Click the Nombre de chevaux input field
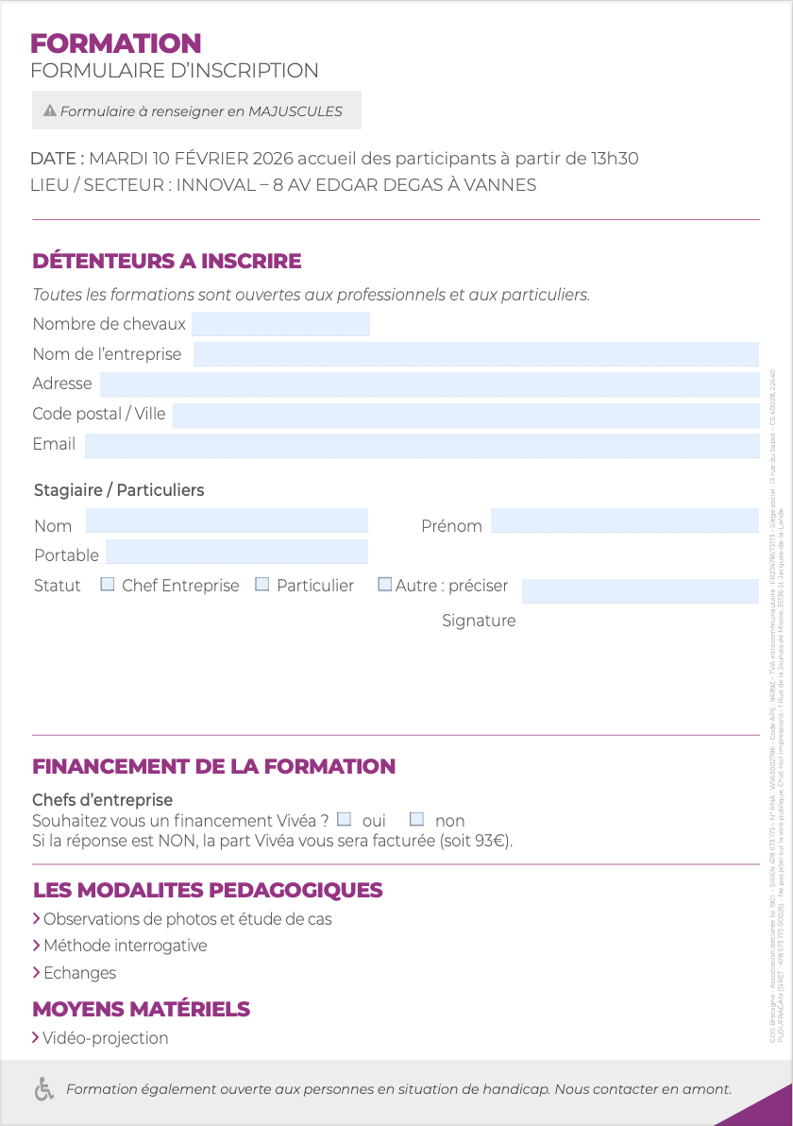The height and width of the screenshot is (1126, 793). click(280, 324)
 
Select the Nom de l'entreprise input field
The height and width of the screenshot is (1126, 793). click(476, 354)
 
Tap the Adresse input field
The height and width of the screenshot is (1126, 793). click(430, 384)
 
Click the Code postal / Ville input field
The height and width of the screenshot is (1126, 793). click(465, 415)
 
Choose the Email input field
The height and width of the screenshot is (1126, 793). click(422, 445)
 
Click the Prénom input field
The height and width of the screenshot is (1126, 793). click(624, 520)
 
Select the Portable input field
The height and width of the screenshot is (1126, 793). click(236, 552)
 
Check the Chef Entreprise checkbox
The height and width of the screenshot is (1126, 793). click(108, 585)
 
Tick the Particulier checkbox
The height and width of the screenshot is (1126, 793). click(262, 585)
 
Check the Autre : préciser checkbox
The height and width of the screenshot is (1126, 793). click(384, 585)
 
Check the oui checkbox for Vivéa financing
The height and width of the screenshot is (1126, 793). click(345, 819)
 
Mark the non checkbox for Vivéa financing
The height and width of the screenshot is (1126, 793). click(416, 819)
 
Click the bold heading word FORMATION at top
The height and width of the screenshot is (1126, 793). click(116, 43)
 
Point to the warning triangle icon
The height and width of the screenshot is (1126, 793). click(50, 111)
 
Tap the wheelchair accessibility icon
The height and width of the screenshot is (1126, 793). click(43, 1089)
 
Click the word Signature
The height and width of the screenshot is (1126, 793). click(479, 621)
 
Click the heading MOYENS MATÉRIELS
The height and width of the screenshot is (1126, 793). click(142, 1009)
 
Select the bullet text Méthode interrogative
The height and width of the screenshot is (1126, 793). click(126, 946)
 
